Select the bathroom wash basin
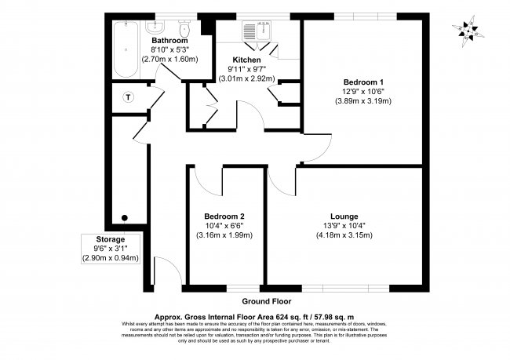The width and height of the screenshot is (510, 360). point(157,25)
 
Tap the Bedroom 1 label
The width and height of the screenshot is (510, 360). point(363,82)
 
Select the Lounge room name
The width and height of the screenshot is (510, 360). point(344,216)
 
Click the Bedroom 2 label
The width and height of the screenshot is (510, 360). point(224,216)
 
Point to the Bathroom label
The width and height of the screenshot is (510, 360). point(169,40)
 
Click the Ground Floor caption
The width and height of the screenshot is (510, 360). point(265,300)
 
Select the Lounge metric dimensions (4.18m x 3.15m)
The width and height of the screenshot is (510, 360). point(344,235)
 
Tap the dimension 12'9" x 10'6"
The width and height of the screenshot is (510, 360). point(363,91)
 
